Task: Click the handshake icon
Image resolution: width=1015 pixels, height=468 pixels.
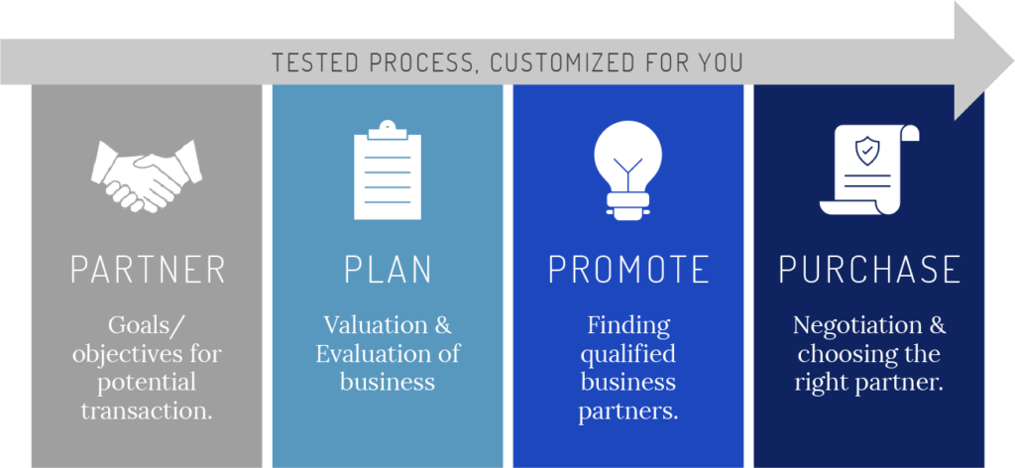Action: pos(147,175)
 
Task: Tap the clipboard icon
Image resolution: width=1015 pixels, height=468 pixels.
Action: pos(388,170)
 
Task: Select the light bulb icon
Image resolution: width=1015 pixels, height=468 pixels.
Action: pos(627,171)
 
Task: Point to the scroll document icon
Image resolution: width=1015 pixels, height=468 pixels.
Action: pos(869,171)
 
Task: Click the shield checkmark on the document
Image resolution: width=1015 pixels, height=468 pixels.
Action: pos(866,151)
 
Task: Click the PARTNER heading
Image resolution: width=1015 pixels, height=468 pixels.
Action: pos(148,270)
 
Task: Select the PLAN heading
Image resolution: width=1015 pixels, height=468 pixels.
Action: pos(388,270)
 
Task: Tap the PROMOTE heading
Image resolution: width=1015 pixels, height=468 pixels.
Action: pos(628,270)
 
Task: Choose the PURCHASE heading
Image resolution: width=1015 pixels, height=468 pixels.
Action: pos(869,270)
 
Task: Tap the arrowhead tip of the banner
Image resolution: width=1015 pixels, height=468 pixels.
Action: pos(1012,61)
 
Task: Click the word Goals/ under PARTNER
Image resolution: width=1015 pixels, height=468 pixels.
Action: pos(142,326)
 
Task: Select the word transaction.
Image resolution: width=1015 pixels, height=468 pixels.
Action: pos(147,410)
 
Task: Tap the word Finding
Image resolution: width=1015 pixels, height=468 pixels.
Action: pos(628,326)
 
